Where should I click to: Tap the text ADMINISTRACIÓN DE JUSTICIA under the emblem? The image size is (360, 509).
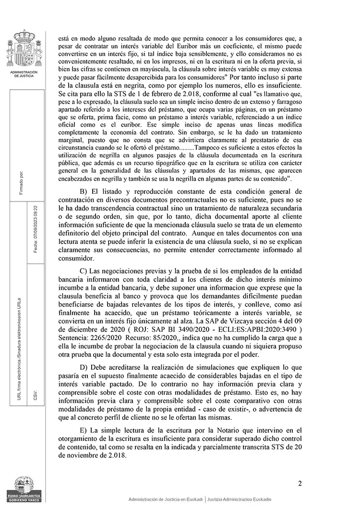[24, 73]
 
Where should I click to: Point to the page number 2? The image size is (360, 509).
[300, 483]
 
